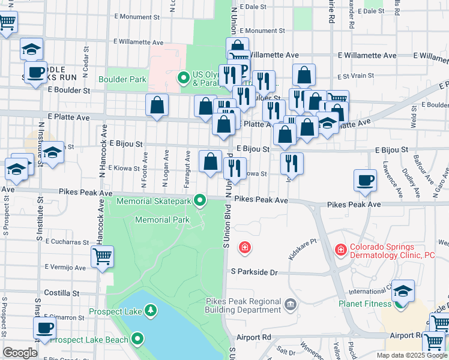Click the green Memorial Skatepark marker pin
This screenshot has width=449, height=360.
tap(202, 200)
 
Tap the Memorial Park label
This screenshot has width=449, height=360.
tap(162, 220)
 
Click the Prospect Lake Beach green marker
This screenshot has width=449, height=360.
tap(138, 340)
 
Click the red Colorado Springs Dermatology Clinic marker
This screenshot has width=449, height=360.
tap(340, 248)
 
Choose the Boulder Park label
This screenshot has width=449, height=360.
tap(123, 79)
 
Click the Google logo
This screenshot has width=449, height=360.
tap(20, 353)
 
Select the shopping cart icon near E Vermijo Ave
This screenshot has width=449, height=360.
tap(102, 257)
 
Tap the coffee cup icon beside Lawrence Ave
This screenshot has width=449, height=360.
tap(365, 180)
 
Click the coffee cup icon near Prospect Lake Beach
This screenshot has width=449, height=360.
tap(44, 328)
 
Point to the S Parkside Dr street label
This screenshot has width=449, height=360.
tap(255, 272)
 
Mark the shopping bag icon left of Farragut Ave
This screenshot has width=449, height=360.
tap(157, 106)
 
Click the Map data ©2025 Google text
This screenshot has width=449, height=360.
tap(411, 355)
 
